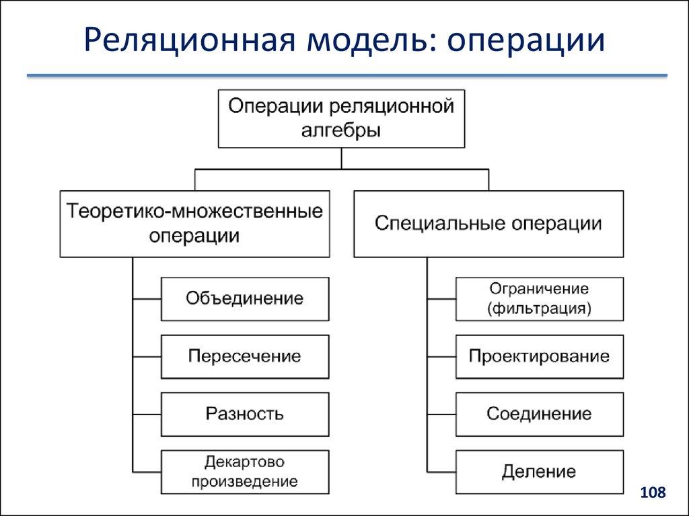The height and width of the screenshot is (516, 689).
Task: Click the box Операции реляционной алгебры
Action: coord(341,118)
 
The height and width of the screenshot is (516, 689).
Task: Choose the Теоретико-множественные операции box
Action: coord(194,224)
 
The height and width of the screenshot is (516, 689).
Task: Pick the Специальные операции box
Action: coord(488,224)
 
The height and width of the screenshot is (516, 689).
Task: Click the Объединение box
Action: coord(245,298)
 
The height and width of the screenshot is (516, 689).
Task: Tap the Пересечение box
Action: coord(245,356)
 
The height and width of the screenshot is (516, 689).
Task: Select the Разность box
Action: coord(245,414)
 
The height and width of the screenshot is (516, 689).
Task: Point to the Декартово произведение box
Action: coord(245,472)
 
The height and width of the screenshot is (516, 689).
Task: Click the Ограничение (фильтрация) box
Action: coord(539,298)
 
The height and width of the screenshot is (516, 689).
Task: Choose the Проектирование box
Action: coord(539,356)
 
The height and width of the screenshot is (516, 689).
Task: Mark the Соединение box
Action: coord(539,414)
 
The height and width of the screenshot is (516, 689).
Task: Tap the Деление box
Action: coord(539,472)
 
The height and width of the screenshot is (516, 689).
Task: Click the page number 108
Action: coord(653,493)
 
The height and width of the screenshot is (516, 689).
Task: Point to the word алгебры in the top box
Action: coord(341,130)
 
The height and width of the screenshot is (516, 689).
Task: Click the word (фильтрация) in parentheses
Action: coord(539,309)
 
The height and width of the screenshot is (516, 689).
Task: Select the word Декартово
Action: coord(245,462)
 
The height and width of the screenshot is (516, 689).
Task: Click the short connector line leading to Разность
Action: coord(147,414)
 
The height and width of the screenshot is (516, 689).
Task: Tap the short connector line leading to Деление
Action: coord(441,472)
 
